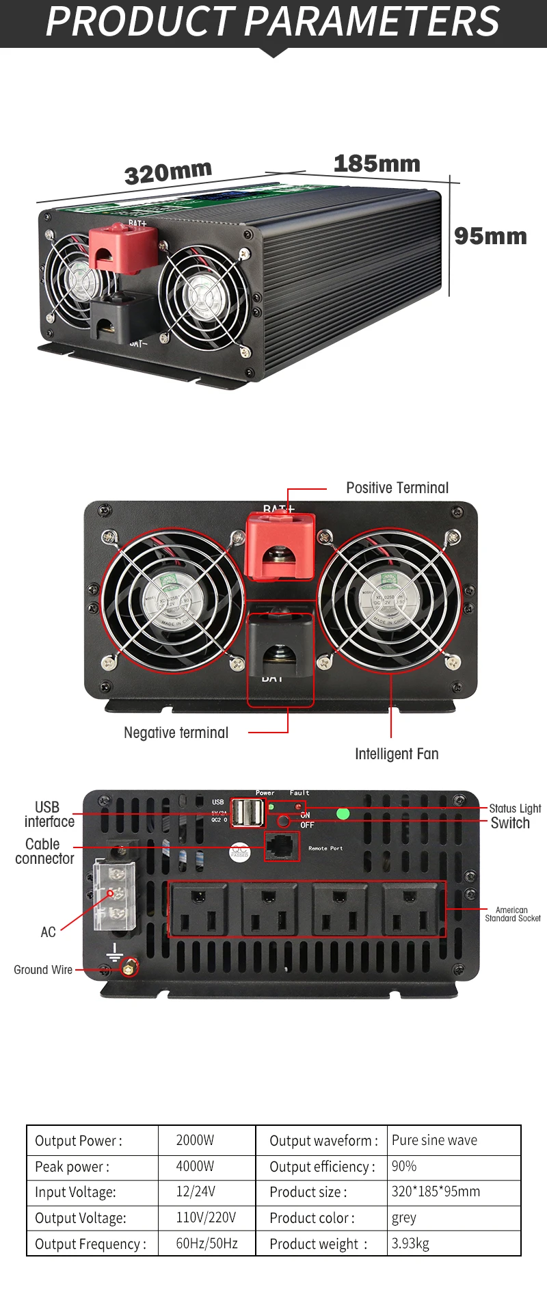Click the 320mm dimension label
coord(168,172)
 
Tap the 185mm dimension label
coord(377,164)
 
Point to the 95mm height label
coord(490,236)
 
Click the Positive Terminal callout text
coord(397,488)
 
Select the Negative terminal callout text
coord(176,733)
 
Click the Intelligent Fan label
coord(397,754)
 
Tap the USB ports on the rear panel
coord(248,813)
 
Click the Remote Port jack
coord(282,847)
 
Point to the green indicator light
coord(343,813)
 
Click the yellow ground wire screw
coord(128,969)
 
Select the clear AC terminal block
coord(114,895)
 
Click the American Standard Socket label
coord(512,914)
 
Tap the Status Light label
coord(515,808)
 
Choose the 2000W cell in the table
coord(195,1140)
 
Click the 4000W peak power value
coord(195,1166)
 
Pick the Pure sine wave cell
coord(434,1140)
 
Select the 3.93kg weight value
coord(410,1243)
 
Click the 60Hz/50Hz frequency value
coord(206,1243)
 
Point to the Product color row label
coord(312,1218)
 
